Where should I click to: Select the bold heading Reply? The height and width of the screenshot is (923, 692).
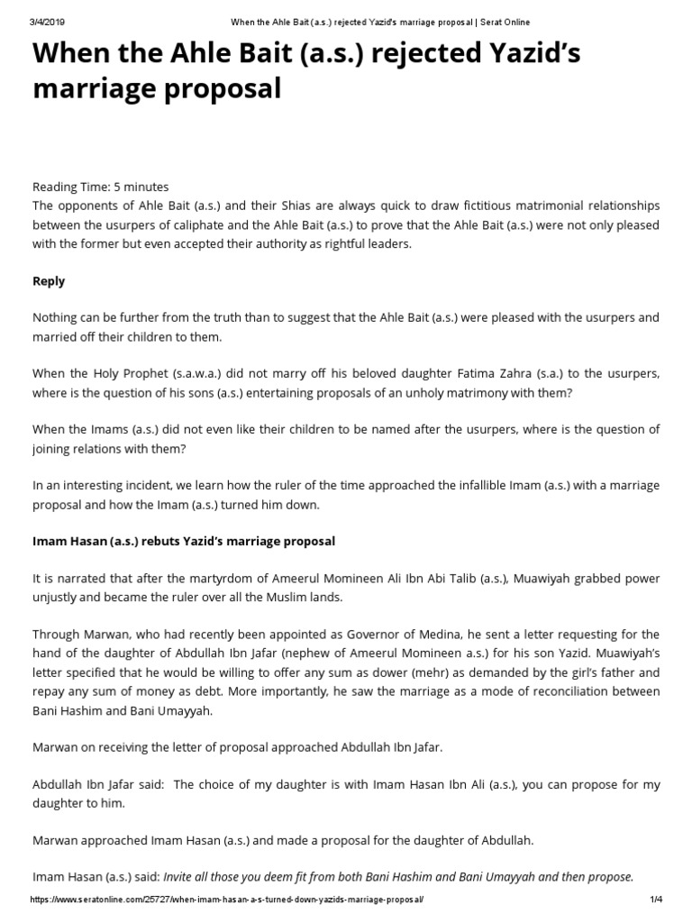[x=49, y=281]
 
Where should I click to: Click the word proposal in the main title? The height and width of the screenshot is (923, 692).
[x=216, y=89]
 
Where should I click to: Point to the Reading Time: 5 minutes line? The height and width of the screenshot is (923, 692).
[x=100, y=187]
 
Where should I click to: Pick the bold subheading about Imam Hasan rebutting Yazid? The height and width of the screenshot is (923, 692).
[x=184, y=541]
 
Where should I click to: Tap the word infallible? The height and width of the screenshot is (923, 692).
[x=456, y=486]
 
